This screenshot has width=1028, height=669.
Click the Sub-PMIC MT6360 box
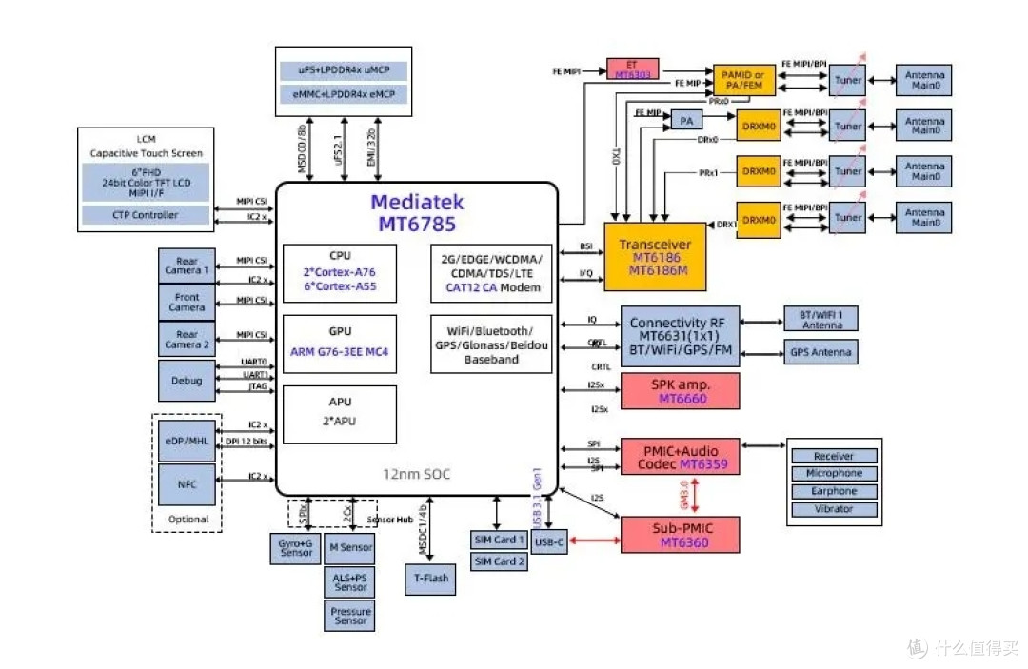[x=680, y=535]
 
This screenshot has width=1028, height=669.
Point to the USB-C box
[x=549, y=542]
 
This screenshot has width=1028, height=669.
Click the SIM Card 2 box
[x=499, y=561]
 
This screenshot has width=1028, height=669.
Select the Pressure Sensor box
[x=350, y=615]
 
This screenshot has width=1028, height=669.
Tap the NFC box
[x=187, y=484]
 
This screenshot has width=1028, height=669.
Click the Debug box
[x=187, y=381]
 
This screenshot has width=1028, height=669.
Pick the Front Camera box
[x=187, y=303]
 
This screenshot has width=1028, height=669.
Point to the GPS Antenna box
[x=820, y=352]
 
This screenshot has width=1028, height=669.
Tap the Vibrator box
[x=834, y=509]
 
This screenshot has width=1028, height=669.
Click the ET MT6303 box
[x=632, y=68]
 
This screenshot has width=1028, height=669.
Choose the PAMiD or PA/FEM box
[x=744, y=80]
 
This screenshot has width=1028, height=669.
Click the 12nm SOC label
[x=418, y=474]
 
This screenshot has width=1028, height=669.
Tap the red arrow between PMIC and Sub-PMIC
[x=696, y=495]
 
